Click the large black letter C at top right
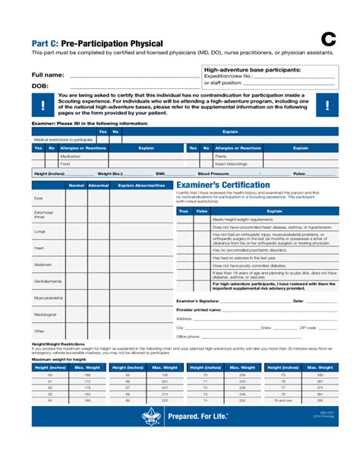coord(327,40)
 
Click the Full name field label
coord(47,75)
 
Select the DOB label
coord(39,87)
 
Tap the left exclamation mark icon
coord(43,105)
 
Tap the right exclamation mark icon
coord(327,105)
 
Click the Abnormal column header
coord(99,185)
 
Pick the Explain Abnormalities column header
coord(141,185)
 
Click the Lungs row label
coord(39,231)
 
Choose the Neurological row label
coord(45,314)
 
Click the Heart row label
coord(39,248)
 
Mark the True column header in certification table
coord(183,211)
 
